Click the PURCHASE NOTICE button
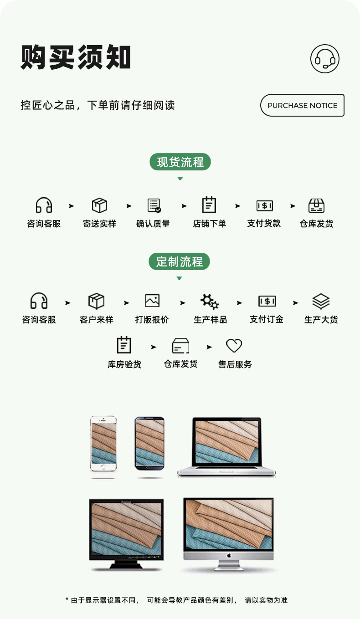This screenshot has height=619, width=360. coord(302,105)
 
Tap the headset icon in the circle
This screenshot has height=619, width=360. coord(325,59)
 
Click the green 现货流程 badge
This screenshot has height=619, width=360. coord(180,162)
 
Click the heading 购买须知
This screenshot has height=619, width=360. coord(76,58)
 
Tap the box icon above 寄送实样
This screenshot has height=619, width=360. coord(99,205)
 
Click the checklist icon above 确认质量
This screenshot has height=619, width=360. coord(154,205)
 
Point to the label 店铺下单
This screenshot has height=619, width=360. coord(209,224)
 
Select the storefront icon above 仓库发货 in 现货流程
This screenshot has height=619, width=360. coord(316,205)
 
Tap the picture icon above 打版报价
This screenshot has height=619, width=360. coord(152,301)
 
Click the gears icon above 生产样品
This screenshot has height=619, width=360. coord(210,301)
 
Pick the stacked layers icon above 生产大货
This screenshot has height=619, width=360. coord(321,301)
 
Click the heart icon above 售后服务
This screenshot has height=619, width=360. coord(234,346)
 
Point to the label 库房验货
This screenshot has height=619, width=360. coord(124,364)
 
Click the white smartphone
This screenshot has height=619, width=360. coord(103,444)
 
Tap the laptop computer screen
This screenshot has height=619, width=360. coord(226,441)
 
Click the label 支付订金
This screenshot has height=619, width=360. coord(267,319)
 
